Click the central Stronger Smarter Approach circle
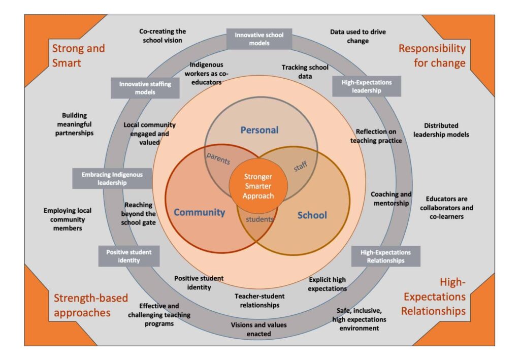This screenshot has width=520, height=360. tap(258, 186)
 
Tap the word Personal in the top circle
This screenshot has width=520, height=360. tap(259, 130)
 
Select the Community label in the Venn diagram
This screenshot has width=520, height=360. tap(199, 212)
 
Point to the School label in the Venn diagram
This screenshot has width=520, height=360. tap(312, 215)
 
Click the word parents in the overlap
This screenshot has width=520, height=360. tap(218, 158)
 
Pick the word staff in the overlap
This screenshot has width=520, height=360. tap(301, 166)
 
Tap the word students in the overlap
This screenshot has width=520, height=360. tap(259, 219)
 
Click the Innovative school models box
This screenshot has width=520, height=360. tap(259, 39)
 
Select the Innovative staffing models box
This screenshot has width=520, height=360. tap(145, 88)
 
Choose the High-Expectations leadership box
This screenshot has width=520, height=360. tap(367, 86)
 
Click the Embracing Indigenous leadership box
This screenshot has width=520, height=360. tap(112, 178)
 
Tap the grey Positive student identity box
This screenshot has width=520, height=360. tap(128, 256)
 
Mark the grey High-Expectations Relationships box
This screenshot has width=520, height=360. tap(386, 256)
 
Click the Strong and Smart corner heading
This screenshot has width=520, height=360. tap(78, 55)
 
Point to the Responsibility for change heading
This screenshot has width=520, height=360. tap(432, 55)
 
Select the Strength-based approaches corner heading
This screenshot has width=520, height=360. tap(90, 305)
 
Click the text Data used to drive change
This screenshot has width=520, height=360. tap(358, 36)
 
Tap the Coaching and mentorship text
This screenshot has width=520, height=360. tap(391, 199)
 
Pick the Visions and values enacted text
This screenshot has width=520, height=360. tap(258, 329)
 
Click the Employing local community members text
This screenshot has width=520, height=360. tap(68, 219)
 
